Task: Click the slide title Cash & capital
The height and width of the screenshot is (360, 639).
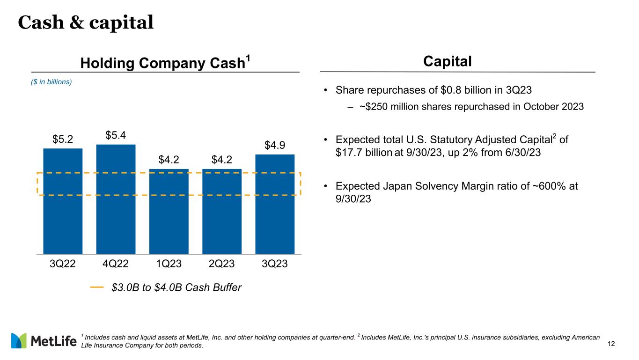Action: point(86,22)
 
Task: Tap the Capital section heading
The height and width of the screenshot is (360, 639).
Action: point(447,61)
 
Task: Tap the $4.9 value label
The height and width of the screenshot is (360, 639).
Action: point(275,146)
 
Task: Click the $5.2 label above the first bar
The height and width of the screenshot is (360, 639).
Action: point(63,140)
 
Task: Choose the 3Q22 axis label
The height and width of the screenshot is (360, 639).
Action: point(63,264)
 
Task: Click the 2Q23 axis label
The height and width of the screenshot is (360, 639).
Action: point(222,264)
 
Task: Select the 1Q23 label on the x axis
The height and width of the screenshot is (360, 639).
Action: point(169,264)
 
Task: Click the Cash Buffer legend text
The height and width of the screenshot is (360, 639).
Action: point(176,287)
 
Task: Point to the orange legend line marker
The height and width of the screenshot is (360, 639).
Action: point(97,287)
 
